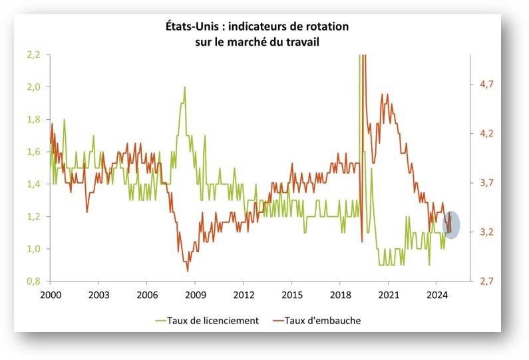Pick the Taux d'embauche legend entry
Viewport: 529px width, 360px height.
(323, 320)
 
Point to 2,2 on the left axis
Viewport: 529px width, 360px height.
(33, 55)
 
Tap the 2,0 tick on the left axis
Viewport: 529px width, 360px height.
(33, 87)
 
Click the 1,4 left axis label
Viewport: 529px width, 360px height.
(33, 184)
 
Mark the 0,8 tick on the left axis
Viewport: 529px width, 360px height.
(33, 281)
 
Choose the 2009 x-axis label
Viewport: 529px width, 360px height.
(195, 294)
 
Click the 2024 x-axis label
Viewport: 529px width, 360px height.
(437, 294)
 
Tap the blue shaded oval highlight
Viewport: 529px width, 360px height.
(451, 223)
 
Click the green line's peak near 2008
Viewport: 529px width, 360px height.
(184, 87)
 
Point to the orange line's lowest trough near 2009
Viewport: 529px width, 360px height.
(187, 271)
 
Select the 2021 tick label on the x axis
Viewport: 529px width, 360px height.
(388, 294)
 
